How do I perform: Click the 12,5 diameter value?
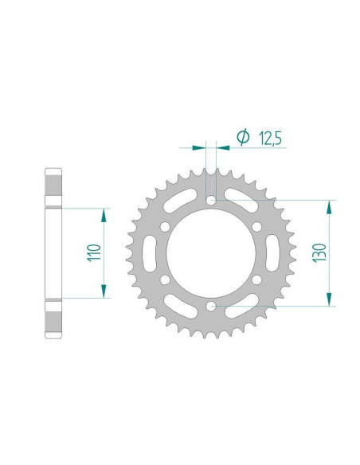tap(270, 138)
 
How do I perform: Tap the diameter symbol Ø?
tap(243, 137)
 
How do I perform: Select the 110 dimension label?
tap(94, 252)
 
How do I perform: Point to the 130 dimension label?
tap(319, 253)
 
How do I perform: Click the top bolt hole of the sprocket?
tap(211, 200)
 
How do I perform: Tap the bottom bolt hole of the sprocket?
tap(211, 306)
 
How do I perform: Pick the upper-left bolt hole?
tap(165, 227)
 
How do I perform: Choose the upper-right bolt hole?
tap(256, 227)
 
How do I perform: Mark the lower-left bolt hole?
tap(165, 279)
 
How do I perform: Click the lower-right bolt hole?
tap(256, 279)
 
